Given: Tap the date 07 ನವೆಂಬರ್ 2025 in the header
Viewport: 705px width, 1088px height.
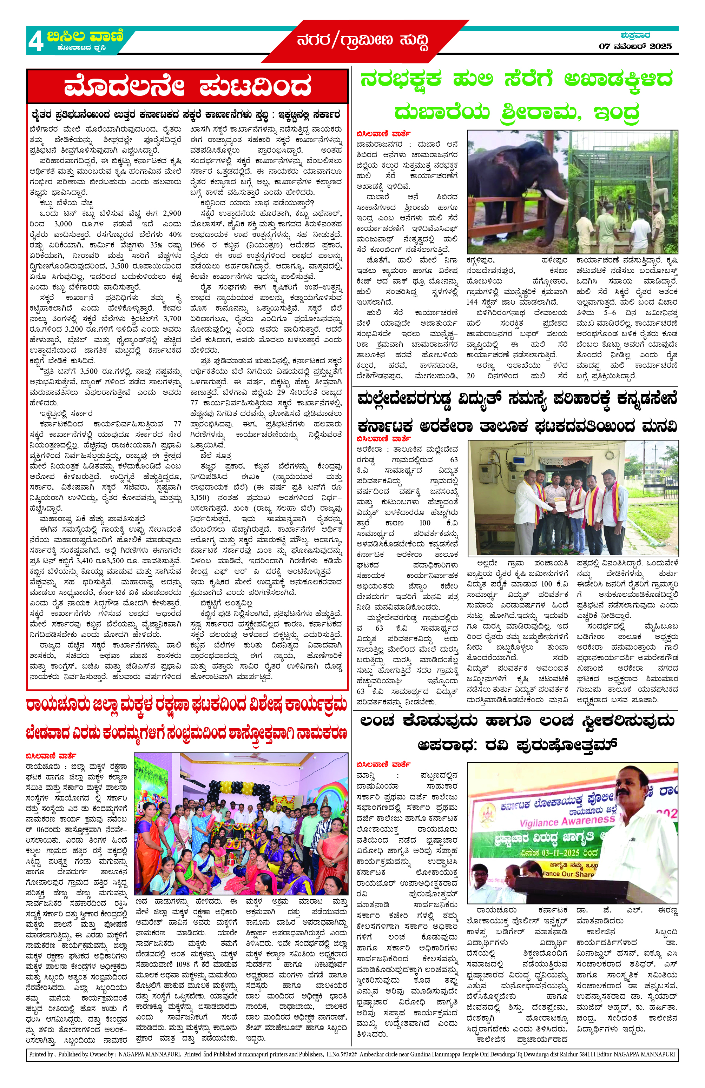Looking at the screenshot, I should pyautogui.click(x=635, y=46).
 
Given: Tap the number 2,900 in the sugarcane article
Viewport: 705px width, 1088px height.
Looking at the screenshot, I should pyautogui.click(x=172, y=213).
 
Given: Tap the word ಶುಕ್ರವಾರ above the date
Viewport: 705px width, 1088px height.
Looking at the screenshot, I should pyautogui.click(x=635, y=35).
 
